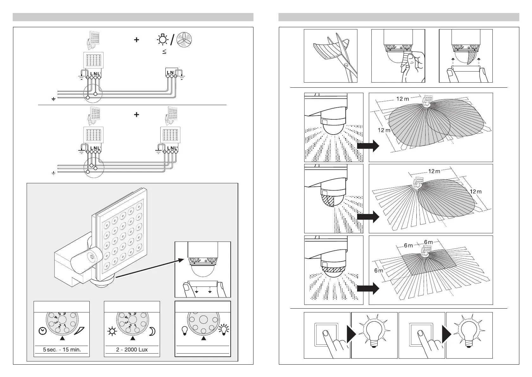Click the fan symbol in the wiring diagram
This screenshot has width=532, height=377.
tap(184, 40)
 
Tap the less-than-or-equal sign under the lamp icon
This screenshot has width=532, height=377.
tap(164, 51)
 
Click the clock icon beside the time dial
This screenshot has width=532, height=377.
tap(42, 331)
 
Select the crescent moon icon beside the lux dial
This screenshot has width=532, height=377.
tap(152, 331)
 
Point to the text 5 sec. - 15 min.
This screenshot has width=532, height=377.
tap(61, 350)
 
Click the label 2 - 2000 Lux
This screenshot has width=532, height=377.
tap(132, 350)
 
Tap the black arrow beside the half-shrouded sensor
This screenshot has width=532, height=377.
tap(368, 217)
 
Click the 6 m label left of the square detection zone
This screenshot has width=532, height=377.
tap(379, 270)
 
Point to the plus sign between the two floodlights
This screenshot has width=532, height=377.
tap(136, 115)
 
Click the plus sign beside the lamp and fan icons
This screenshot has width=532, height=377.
tap(136, 40)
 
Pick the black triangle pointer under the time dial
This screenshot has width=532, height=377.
tap(62, 338)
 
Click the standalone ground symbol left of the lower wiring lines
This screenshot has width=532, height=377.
tap(54, 173)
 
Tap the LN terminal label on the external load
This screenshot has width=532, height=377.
tap(170, 73)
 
